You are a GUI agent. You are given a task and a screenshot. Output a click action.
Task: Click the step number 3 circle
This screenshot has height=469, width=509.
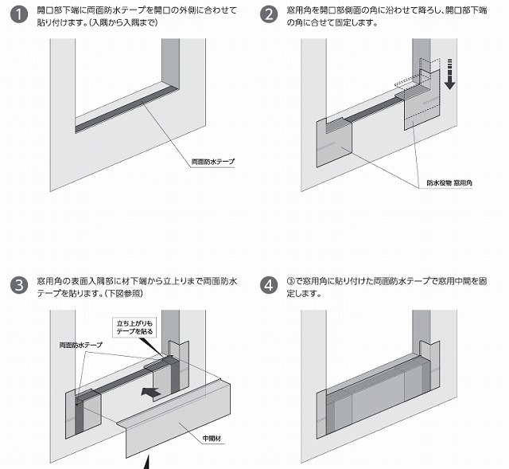tap(18, 285)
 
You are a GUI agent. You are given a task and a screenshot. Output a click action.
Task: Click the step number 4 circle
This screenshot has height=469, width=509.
tap(271, 285)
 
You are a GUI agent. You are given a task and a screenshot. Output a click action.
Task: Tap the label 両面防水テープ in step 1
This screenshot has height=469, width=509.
tap(213, 162)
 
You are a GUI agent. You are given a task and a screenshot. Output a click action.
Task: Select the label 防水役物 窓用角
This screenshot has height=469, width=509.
tap(449, 183)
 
